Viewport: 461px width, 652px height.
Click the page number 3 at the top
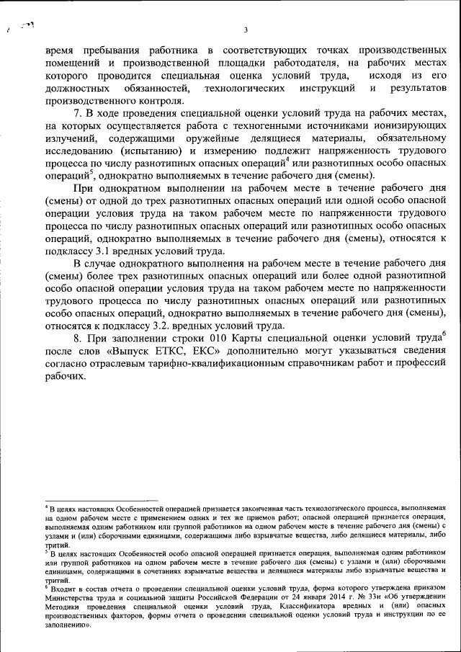246,30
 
